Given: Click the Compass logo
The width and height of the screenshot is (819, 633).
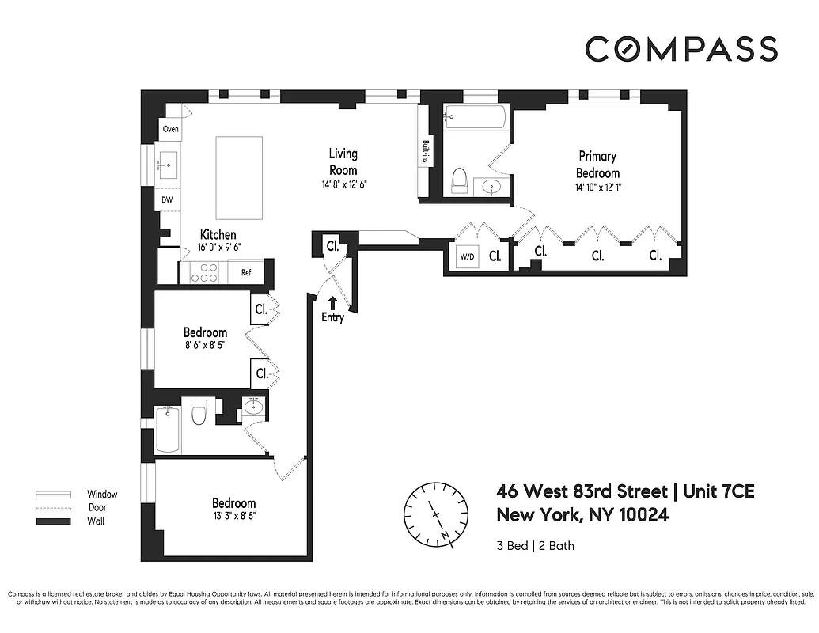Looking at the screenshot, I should pos(681,49).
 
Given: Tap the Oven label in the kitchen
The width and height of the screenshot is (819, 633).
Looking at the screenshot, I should pos(170,129).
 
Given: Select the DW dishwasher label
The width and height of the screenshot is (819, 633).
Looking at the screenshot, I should pos(167,200).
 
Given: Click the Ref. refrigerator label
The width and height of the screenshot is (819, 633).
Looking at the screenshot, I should pos(246,273).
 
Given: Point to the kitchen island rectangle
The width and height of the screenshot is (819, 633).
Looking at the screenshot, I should pos(239,178).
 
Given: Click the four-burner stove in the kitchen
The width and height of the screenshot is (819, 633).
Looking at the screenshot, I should pos(205,273).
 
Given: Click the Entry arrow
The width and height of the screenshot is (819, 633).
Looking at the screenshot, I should pos(332,302).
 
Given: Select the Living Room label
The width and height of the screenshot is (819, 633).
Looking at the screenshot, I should pos(343,161).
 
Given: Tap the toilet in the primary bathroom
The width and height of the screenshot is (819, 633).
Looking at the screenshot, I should pos(457,181).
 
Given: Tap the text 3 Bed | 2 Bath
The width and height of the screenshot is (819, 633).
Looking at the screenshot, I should pos(535,545).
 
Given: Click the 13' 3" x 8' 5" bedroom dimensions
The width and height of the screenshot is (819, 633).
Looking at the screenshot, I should pos(233,518).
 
